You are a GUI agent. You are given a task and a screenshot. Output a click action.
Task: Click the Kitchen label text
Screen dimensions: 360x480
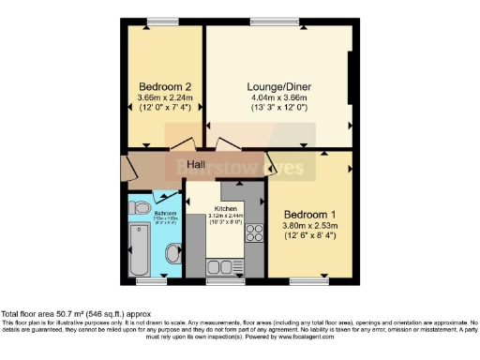(225, 208)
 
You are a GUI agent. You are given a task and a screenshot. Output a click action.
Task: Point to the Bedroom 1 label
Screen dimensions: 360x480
(309, 212)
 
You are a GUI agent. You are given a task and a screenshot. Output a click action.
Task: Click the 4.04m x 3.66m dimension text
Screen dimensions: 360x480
(280, 96)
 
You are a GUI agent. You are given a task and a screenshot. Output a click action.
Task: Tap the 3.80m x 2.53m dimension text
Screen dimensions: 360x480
(309, 224)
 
